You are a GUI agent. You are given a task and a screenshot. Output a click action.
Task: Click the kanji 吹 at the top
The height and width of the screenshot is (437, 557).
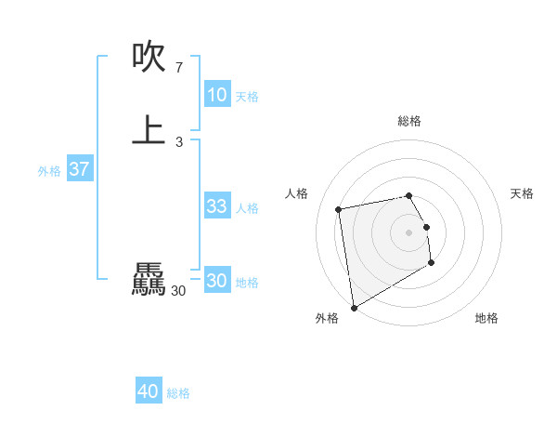(x=149, y=58)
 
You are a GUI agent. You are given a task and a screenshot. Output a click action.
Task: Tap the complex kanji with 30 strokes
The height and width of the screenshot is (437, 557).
(x=149, y=279)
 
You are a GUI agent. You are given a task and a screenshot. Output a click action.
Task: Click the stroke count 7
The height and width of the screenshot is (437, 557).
(x=178, y=68)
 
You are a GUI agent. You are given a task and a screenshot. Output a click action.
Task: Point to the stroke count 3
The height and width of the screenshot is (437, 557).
(x=178, y=141)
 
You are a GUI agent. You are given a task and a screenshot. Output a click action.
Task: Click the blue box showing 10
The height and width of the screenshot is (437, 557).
(x=217, y=95)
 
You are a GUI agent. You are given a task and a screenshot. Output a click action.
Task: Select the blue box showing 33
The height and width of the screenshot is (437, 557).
(x=217, y=206)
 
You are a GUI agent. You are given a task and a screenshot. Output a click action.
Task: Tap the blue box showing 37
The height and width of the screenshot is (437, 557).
(x=80, y=169)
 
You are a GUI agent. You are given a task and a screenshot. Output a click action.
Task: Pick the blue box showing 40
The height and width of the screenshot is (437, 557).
(x=149, y=391)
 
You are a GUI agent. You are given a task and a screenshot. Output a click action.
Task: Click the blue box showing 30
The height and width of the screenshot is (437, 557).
(x=217, y=281)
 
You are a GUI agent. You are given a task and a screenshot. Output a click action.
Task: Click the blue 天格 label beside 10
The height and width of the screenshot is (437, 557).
(x=247, y=97)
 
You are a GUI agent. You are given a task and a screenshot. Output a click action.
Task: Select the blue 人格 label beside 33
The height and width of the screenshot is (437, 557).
(x=247, y=208)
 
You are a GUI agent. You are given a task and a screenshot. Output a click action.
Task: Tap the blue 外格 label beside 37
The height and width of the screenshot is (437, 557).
(x=49, y=171)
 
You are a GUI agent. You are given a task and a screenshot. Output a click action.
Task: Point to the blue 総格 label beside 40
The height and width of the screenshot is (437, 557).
(x=178, y=393)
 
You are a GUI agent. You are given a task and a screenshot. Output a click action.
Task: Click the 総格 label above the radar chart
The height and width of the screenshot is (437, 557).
(x=409, y=121)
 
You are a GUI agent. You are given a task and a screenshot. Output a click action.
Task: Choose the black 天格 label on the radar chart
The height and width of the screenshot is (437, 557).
(x=522, y=193)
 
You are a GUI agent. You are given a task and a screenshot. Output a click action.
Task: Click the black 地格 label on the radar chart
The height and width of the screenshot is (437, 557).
(x=486, y=318)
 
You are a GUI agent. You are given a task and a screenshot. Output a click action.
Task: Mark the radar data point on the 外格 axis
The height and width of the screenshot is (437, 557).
(x=354, y=307)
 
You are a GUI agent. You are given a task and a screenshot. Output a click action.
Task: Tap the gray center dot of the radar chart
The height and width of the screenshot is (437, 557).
(x=409, y=232)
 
